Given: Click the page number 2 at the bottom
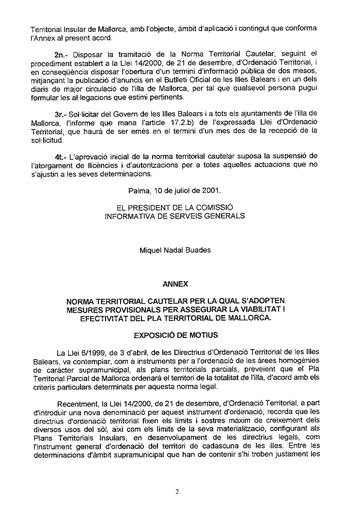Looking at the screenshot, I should pos(177,492).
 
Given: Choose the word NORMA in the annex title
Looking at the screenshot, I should pos(82,301).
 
